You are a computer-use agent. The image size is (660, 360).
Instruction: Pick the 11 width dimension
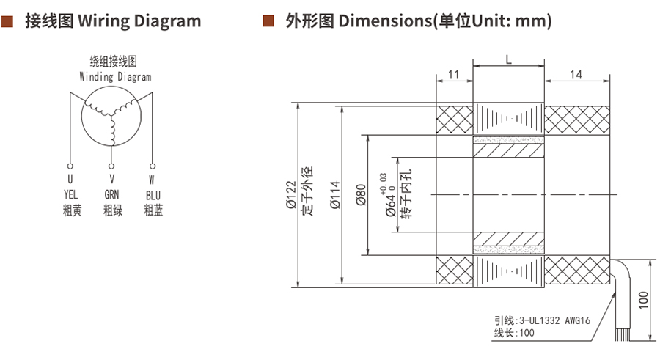[x=453, y=75]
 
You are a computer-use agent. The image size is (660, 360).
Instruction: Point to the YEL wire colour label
[x=70, y=194]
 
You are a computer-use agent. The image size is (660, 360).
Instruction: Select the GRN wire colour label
[x=112, y=194]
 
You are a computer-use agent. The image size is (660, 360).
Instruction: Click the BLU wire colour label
[x=153, y=194]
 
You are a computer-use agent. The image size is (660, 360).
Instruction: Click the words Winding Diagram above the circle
[x=115, y=76]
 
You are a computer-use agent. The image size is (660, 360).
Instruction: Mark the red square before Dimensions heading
[x=268, y=21]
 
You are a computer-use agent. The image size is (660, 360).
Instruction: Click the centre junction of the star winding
[x=112, y=111]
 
